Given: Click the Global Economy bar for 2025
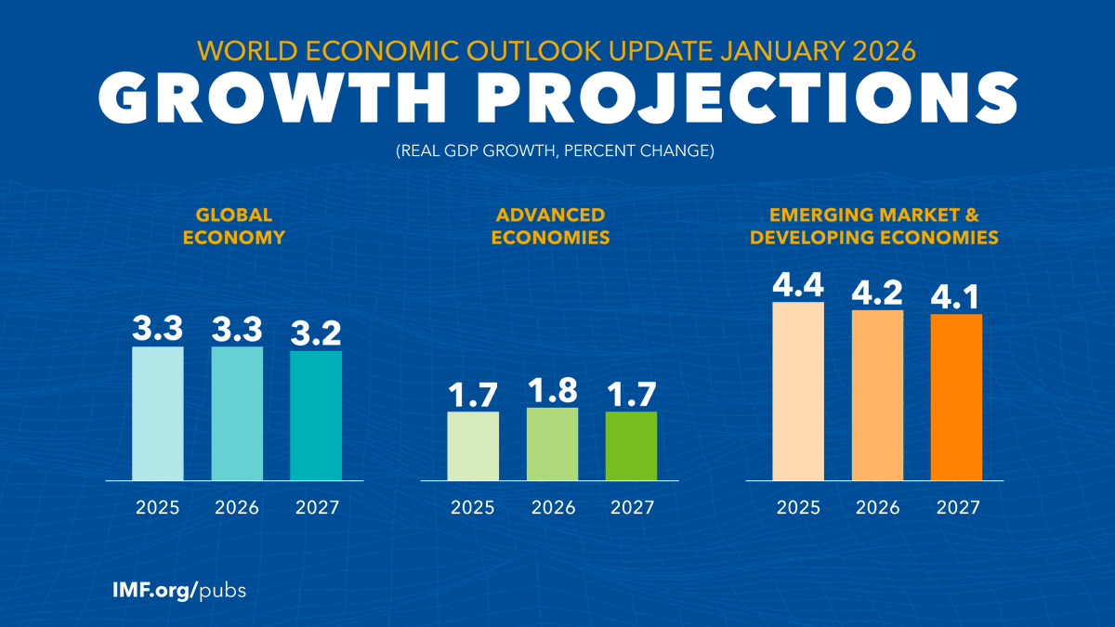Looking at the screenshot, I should pyautogui.click(x=158, y=413).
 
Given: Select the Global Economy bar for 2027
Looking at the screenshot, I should pyautogui.click(x=316, y=415).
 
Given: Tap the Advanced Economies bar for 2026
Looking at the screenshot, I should pyautogui.click(x=553, y=444).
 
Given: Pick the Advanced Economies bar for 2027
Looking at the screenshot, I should pyautogui.click(x=632, y=446).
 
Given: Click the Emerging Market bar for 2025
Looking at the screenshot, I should pyautogui.click(x=798, y=391).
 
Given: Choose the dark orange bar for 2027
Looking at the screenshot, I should pyautogui.click(x=956, y=397).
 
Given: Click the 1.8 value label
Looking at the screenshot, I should pyautogui.click(x=553, y=391).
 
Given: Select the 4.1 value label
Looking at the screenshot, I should pyautogui.click(x=956, y=298).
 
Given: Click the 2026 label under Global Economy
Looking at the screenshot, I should pyautogui.click(x=237, y=508).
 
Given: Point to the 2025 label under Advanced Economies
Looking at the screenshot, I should pyautogui.click(x=473, y=508).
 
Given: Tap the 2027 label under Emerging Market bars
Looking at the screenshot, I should pyautogui.click(x=956, y=508).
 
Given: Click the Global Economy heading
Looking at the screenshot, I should pyautogui.click(x=234, y=226).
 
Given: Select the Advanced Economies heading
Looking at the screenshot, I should pyautogui.click(x=551, y=226).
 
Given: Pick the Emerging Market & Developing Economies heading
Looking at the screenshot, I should pyautogui.click(x=874, y=226).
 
